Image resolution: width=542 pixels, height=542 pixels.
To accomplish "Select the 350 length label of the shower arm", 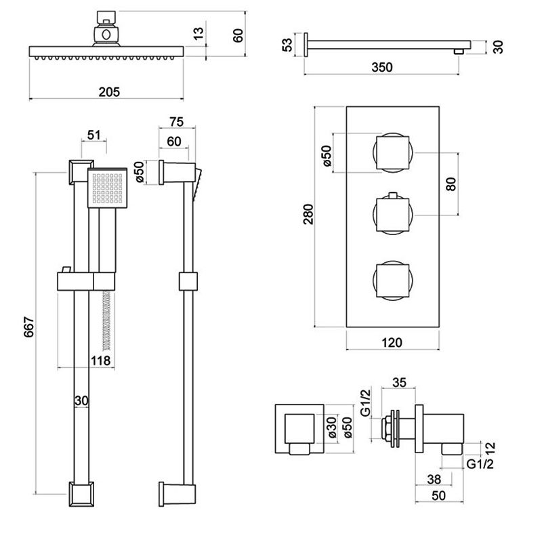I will point(383,66).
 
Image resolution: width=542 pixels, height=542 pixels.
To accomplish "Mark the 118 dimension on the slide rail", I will point(102,361).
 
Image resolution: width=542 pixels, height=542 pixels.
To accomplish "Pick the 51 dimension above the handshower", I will point(94,133).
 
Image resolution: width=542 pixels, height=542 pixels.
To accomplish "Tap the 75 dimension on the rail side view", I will point(175,122).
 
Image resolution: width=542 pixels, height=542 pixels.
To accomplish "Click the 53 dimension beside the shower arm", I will point(287,45).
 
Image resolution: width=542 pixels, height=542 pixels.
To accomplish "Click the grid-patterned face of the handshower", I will point(107,187).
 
